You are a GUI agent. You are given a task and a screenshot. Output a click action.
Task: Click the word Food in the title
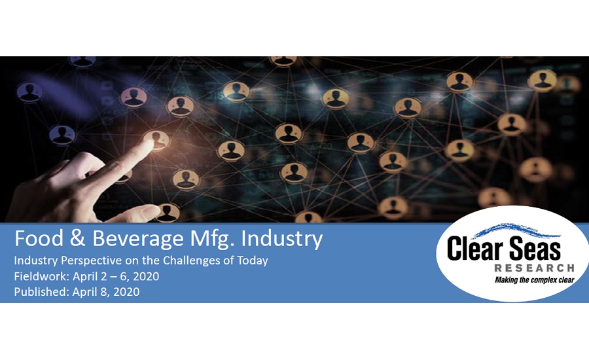point(39,239)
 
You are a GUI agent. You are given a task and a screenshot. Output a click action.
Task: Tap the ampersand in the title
point(77,239)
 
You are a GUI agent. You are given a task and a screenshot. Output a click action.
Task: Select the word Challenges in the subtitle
point(192,261)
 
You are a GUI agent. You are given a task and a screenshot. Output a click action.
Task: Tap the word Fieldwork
point(42,277)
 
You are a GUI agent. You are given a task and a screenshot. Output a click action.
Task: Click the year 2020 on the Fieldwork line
point(146,277)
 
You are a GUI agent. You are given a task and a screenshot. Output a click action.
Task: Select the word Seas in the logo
point(535,248)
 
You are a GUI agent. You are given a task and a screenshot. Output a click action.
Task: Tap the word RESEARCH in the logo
point(534,268)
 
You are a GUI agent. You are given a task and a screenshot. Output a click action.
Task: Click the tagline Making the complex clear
point(535,280)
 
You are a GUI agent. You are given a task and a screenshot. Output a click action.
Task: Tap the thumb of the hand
point(128,214)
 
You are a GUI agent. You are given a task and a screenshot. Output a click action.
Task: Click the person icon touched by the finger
point(157,140)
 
